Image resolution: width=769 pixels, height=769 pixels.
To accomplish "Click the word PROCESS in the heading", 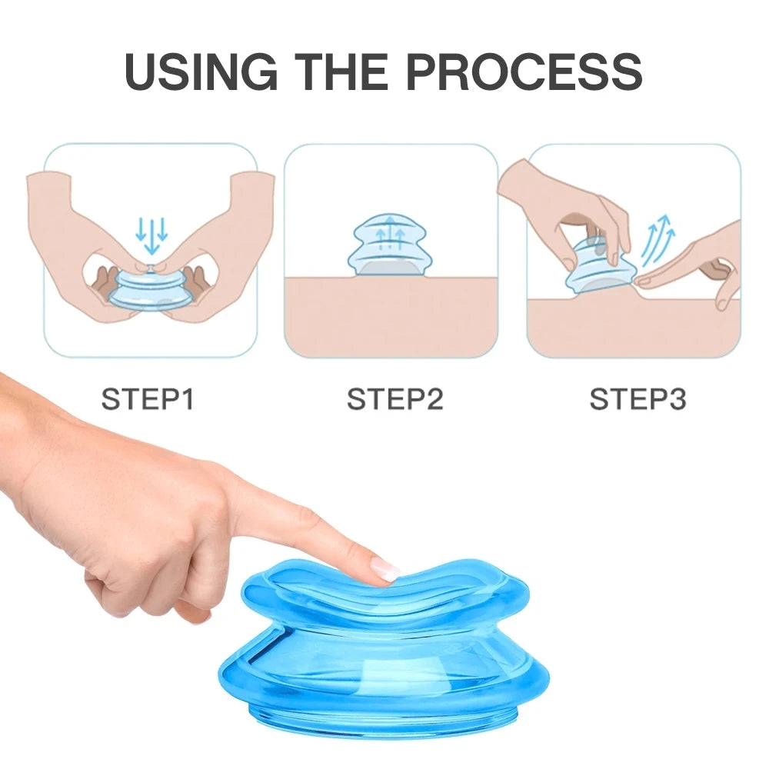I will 524,72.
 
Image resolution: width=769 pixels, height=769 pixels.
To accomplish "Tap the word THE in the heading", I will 344,72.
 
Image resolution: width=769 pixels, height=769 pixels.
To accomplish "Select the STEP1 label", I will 148,400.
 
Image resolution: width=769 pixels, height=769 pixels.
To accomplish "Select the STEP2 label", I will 394,400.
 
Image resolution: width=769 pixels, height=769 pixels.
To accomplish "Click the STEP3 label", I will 638,400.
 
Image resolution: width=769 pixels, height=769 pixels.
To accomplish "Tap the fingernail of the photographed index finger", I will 384,570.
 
